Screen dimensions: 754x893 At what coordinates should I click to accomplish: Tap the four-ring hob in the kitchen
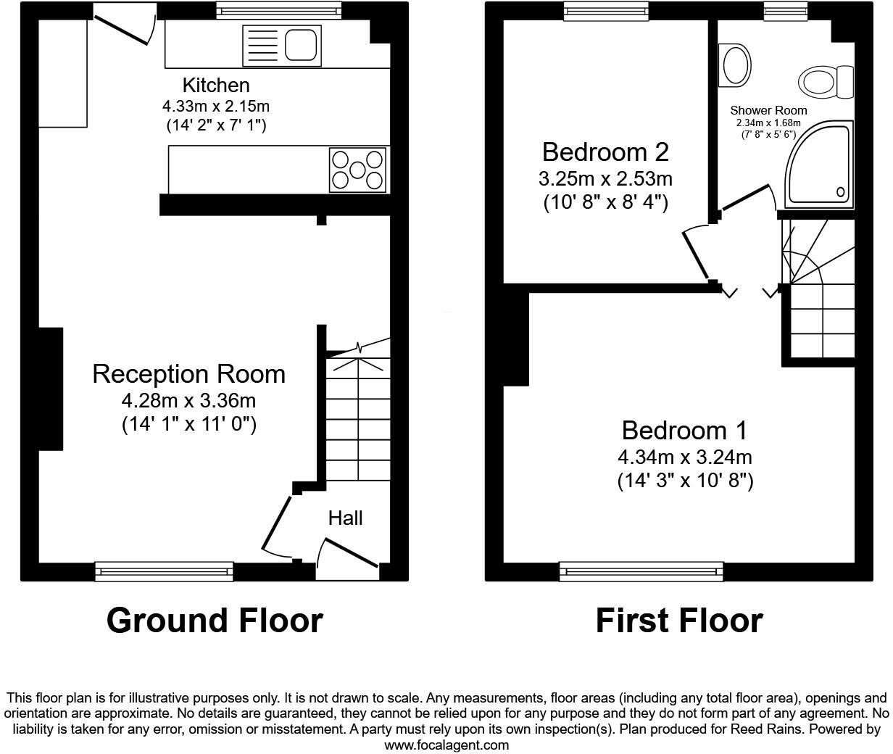click(x=357, y=170)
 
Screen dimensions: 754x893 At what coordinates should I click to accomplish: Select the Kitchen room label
click(x=215, y=85)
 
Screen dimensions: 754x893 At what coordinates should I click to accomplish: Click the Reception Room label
click(x=188, y=374)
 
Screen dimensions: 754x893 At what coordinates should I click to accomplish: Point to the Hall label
click(x=345, y=518)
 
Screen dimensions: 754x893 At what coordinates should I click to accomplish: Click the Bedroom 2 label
click(x=605, y=152)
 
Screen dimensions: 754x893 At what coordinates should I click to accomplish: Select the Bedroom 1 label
click(x=684, y=431)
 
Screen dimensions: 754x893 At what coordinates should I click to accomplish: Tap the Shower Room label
click(x=768, y=110)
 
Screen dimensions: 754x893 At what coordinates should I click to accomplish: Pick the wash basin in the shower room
click(x=735, y=65)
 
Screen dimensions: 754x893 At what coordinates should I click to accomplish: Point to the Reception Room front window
click(x=165, y=571)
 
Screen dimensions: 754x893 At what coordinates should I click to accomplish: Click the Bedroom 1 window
click(x=641, y=571)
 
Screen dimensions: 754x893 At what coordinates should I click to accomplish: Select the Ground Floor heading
click(x=215, y=621)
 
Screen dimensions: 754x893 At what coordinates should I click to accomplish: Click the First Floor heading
click(x=679, y=621)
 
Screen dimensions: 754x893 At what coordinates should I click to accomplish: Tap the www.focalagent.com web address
click(x=446, y=745)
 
